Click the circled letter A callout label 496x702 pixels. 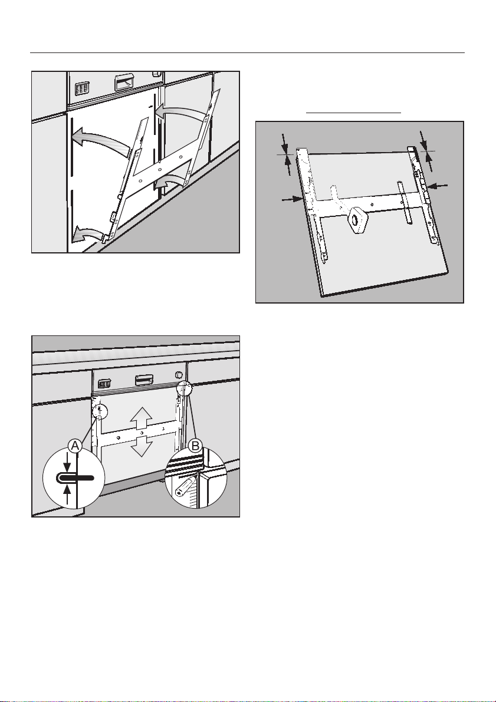[x=75, y=446]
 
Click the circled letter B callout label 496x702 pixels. [x=195, y=446]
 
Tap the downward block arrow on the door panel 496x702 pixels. [x=141, y=446]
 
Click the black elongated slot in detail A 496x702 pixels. [x=75, y=477]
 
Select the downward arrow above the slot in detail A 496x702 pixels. [x=67, y=463]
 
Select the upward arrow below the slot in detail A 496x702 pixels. [x=67, y=494]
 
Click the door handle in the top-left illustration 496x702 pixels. [x=124, y=83]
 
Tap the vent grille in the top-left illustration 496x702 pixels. [x=82, y=88]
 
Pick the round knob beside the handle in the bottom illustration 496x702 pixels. [x=178, y=374]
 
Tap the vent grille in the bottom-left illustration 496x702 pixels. [x=104, y=384]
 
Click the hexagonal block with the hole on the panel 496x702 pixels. [x=356, y=219]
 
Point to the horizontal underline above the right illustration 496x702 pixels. [x=353, y=113]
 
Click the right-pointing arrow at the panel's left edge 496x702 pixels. [x=292, y=199]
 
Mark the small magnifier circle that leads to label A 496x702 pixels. [x=101, y=410]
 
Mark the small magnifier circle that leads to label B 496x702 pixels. [x=184, y=388]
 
